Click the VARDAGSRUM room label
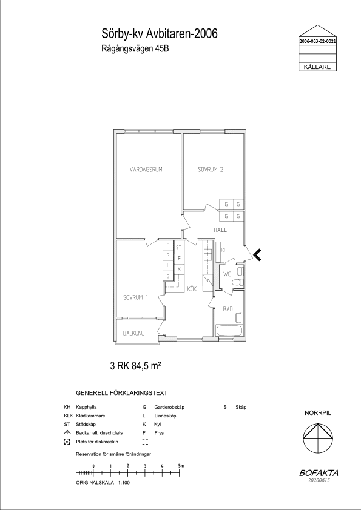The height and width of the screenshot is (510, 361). (x=146, y=170)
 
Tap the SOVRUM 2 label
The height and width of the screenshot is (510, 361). (x=211, y=170)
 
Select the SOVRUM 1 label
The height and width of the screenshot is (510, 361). (x=135, y=297)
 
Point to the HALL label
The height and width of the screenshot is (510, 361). (x=220, y=230)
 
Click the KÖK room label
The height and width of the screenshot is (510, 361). (x=192, y=288)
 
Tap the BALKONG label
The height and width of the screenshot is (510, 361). (x=133, y=333)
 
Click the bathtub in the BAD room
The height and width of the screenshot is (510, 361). (x=229, y=331)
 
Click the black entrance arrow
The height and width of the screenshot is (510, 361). (x=257, y=255)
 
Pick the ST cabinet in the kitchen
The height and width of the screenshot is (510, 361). (x=178, y=248)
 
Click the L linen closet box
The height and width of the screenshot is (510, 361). (x=168, y=266)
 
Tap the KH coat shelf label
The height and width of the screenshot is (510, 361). (x=224, y=250)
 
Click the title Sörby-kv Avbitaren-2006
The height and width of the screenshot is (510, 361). (x=160, y=33)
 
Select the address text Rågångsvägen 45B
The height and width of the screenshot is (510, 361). (x=135, y=49)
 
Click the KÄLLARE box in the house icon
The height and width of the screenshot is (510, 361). (x=317, y=67)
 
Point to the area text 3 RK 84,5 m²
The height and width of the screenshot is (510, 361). (x=136, y=366)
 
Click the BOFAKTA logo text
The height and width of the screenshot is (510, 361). (x=319, y=473)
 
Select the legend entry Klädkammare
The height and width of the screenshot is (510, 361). (x=90, y=416)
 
